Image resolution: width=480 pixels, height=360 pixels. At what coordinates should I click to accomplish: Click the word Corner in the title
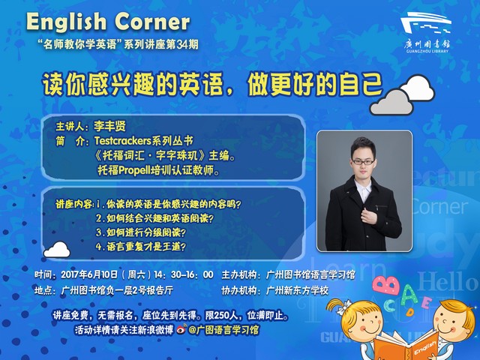click(x=152, y=22)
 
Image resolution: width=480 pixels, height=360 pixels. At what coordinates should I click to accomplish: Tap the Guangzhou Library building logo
click(x=426, y=22)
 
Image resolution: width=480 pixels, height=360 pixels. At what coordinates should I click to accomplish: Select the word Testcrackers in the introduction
click(x=123, y=141)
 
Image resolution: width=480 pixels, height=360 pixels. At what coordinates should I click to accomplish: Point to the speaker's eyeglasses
click(x=363, y=162)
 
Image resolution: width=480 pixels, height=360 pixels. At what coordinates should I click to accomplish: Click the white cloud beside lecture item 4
click(x=57, y=250)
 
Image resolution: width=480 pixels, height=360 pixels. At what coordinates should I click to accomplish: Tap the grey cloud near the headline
click(x=391, y=102)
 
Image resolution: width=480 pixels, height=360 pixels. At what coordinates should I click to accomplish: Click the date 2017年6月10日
click(x=89, y=274)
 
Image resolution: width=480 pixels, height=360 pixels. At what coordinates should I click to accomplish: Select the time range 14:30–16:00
click(x=184, y=274)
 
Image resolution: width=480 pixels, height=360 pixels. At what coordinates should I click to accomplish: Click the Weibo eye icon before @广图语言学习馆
click(x=181, y=329)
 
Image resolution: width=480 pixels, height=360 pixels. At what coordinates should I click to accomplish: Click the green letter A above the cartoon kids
click(x=409, y=294)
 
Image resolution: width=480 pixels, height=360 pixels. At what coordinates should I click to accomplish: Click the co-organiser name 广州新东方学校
click(x=297, y=290)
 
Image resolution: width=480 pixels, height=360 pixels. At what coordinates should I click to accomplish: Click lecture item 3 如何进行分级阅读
click(x=140, y=232)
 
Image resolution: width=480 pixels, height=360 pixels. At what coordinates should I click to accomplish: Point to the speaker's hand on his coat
click(x=369, y=215)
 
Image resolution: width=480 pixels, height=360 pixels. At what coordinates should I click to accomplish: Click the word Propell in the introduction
click(x=133, y=170)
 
